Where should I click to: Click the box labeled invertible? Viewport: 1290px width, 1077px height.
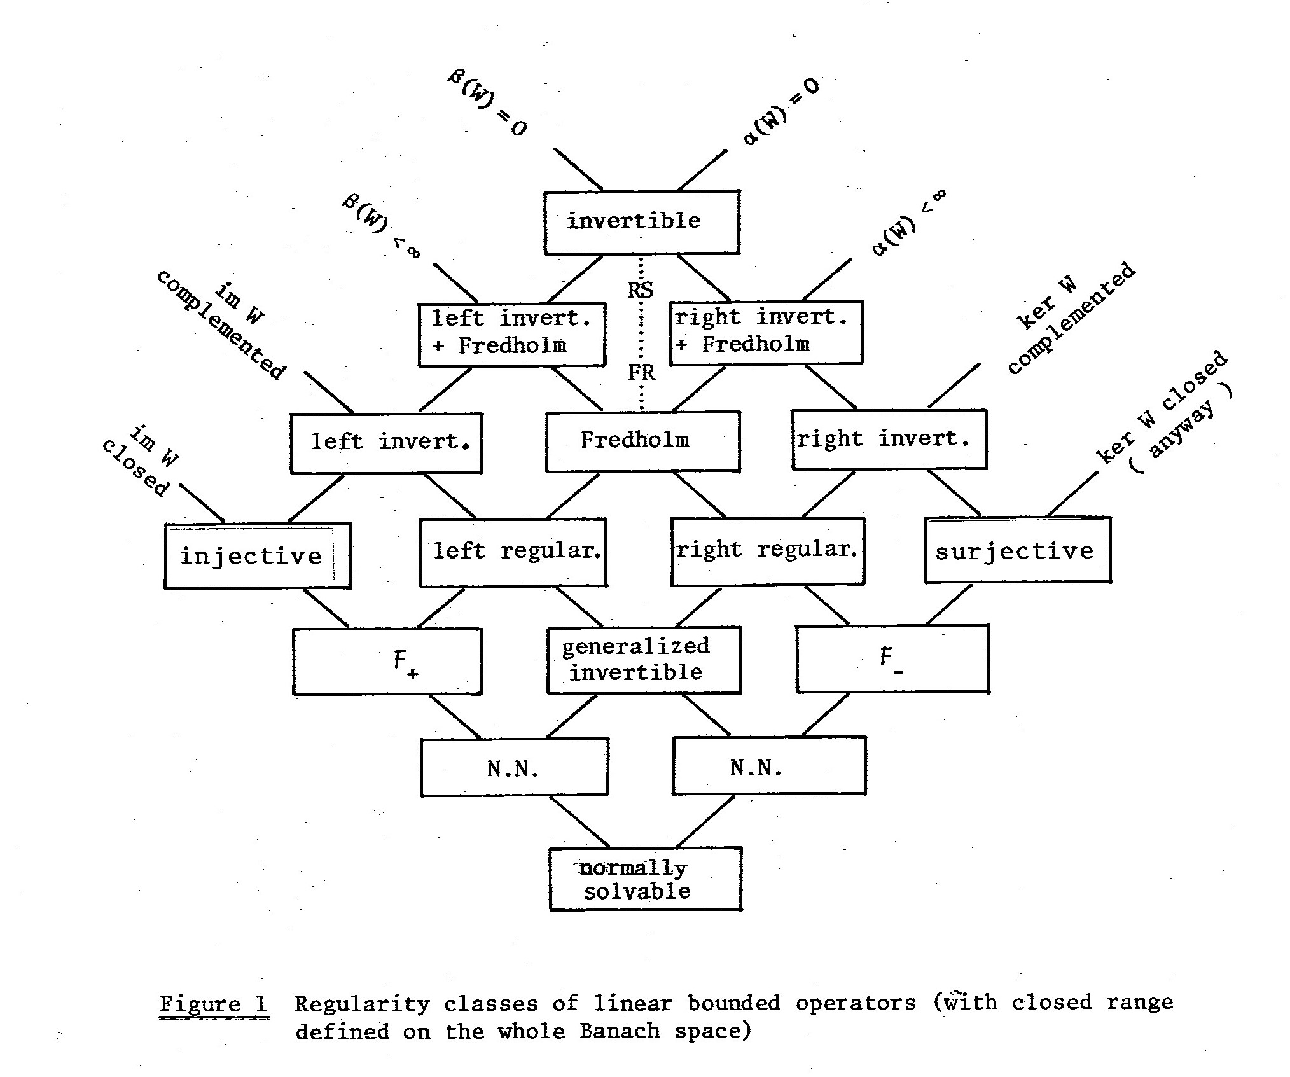641,222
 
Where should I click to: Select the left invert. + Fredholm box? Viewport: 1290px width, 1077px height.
511,335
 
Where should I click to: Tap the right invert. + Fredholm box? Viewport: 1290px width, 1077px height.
766,333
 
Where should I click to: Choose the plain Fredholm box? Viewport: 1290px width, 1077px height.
642,441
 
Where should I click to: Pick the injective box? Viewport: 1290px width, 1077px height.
257,556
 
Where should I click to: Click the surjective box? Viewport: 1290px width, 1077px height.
1018,550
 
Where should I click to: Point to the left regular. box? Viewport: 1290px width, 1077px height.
513,552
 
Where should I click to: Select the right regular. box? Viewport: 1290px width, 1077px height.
767,551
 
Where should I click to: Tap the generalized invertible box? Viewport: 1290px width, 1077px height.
644,660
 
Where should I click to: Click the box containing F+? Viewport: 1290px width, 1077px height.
387,662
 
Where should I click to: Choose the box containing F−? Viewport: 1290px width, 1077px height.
892,658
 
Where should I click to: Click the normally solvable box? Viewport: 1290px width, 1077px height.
645,879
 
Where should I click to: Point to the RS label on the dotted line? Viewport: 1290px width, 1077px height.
641,290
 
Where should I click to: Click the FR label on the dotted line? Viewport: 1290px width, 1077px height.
641,372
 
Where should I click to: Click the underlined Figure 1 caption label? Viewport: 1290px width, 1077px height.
214,1004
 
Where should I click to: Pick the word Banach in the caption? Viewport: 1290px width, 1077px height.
620,1031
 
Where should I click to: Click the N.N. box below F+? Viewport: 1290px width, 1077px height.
514,767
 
